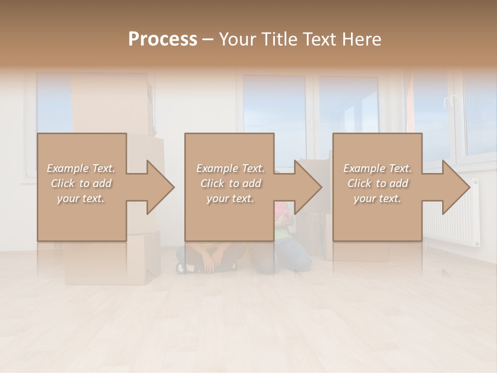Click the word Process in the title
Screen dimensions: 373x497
point(163,39)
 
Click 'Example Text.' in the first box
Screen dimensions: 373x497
point(81,168)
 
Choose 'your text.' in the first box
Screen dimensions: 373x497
point(81,198)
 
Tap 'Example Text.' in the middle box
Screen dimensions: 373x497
point(230,168)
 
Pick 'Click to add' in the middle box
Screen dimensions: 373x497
point(230,183)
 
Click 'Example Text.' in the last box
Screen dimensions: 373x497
point(377,168)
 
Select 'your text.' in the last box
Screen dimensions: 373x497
point(377,198)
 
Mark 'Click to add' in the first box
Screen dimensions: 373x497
point(81,183)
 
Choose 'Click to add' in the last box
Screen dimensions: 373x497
point(377,183)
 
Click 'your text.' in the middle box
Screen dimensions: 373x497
point(230,198)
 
